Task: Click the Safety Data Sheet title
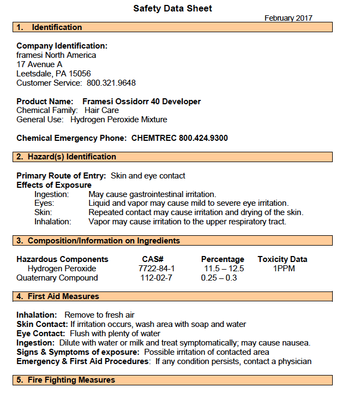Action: pyautogui.click(x=172, y=8)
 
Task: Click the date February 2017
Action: pyautogui.click(x=288, y=18)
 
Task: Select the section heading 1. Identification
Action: pyautogui.click(x=49, y=27)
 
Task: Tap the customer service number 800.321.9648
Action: pyautogui.click(x=111, y=83)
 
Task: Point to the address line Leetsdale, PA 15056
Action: pyautogui.click(x=53, y=74)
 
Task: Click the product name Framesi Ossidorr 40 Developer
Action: pyautogui.click(x=141, y=102)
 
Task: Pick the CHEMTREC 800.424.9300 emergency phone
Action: pyautogui.click(x=179, y=138)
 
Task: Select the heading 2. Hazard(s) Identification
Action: pyautogui.click(x=66, y=157)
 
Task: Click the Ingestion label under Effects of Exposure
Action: pyautogui.click(x=51, y=194)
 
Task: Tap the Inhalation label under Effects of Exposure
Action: pyautogui.click(x=53, y=222)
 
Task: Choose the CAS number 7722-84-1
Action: pyautogui.click(x=157, y=269)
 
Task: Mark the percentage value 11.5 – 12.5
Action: pyautogui.click(x=224, y=269)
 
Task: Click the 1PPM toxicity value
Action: pyautogui.click(x=284, y=269)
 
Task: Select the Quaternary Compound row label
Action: pyautogui.click(x=57, y=278)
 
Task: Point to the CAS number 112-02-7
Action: pyautogui.click(x=157, y=278)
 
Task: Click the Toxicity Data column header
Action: pyautogui.click(x=282, y=259)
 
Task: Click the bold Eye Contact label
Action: pyautogui.click(x=41, y=334)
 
